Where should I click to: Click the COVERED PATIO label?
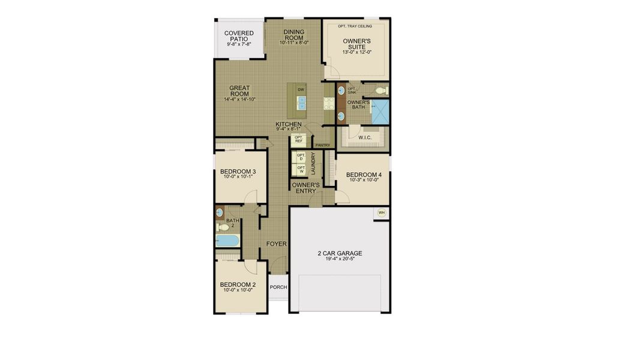(239, 36)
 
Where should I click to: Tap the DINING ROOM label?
(294, 35)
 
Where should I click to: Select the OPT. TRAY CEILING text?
(355, 26)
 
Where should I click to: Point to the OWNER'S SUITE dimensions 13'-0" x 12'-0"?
(357, 52)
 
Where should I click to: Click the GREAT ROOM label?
(239, 91)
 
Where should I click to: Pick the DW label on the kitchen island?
(301, 89)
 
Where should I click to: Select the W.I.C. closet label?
(365, 138)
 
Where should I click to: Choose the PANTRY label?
(323, 145)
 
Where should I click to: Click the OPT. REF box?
(298, 139)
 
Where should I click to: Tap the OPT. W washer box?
(301, 170)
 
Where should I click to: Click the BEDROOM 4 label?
(364, 176)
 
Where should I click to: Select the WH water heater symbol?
(382, 212)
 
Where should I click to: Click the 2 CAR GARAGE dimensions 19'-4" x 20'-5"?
(340, 260)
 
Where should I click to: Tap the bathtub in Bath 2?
(227, 241)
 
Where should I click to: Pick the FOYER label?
(277, 244)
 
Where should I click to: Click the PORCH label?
(278, 287)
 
